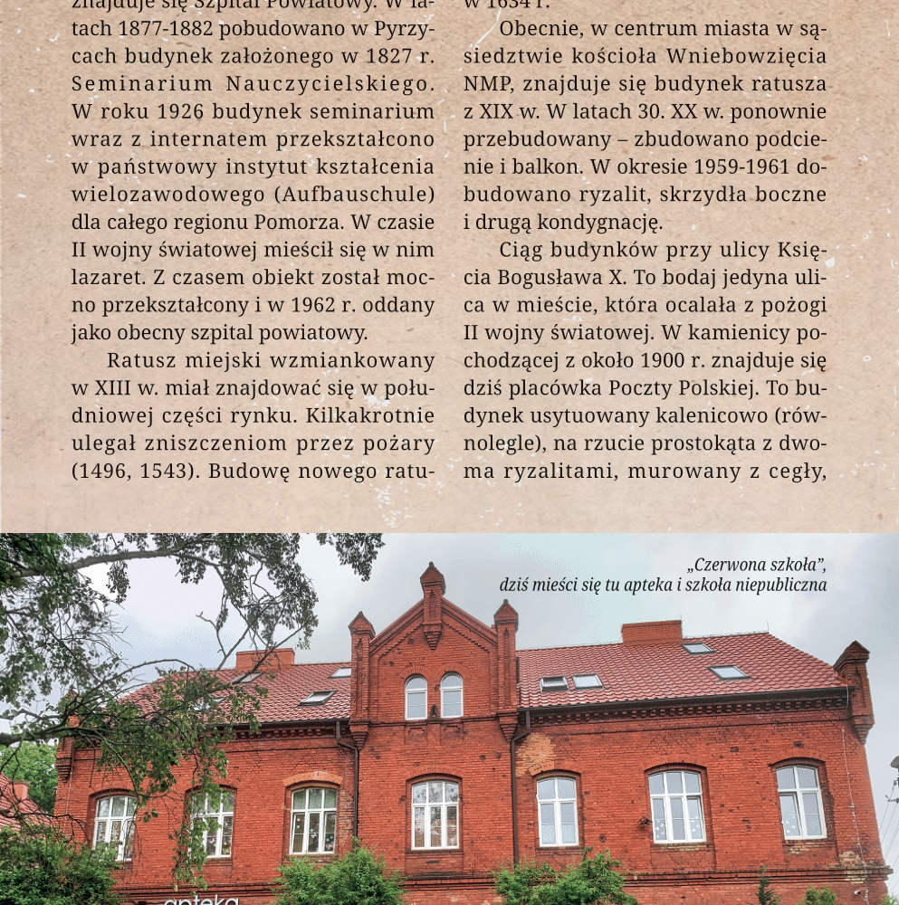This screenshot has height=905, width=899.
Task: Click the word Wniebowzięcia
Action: click(747, 56)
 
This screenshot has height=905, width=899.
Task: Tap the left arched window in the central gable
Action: click(416, 698)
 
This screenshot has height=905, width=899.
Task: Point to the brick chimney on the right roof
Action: click(651, 632)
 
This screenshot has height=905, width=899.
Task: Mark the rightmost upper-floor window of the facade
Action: click(800, 801)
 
